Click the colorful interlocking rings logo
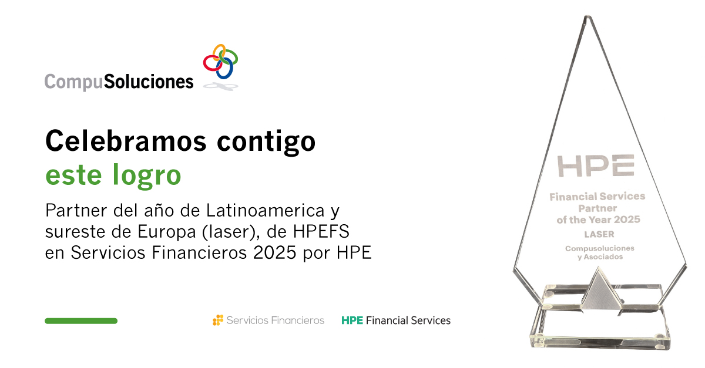coord(220,62)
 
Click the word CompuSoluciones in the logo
coord(119,81)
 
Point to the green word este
coord(70,175)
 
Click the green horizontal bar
coord(81,321)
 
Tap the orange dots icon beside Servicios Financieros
coord(218,320)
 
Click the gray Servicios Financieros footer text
coord(275,320)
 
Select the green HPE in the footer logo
coord(352,320)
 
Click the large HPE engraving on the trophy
coord(596,166)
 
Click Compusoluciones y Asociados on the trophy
coord(596,252)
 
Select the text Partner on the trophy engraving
coord(597,208)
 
